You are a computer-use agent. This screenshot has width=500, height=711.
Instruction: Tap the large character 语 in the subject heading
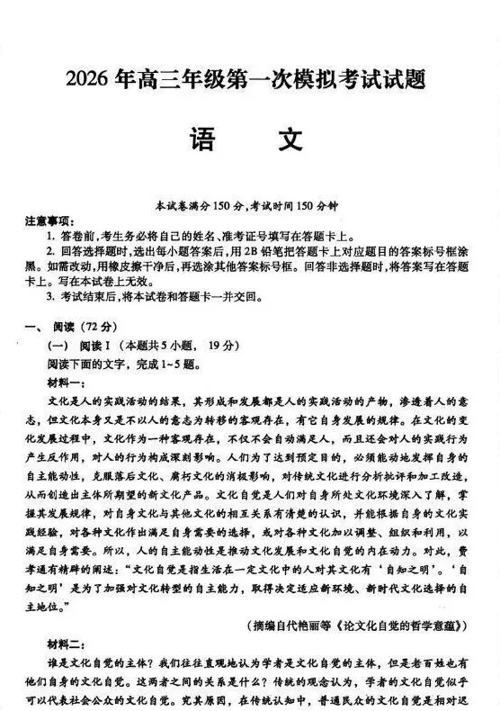click(203, 140)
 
